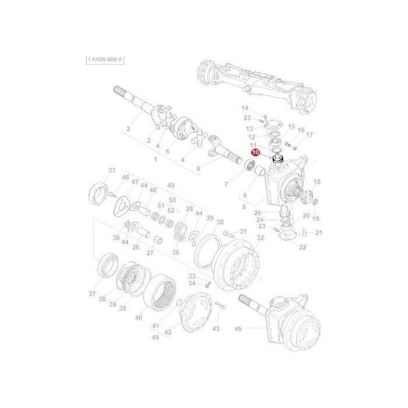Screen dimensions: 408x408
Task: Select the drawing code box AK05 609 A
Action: [105, 60]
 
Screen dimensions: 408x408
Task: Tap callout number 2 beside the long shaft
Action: [128, 129]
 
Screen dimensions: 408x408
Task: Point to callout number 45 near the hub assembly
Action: [238, 329]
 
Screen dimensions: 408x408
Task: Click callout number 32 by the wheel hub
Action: [261, 238]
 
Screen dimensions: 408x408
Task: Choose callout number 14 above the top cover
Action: [245, 108]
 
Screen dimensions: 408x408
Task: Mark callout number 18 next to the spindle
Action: [317, 182]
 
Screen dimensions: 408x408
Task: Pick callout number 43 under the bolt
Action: [216, 329]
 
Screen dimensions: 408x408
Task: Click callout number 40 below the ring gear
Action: [138, 318]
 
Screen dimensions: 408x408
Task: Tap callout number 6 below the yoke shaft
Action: [198, 168]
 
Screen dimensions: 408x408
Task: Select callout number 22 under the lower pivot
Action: [303, 247]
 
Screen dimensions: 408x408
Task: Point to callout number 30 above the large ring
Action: [220, 222]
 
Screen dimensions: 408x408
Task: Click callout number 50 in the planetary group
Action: [172, 201]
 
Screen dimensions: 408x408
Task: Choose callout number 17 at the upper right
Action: [309, 135]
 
